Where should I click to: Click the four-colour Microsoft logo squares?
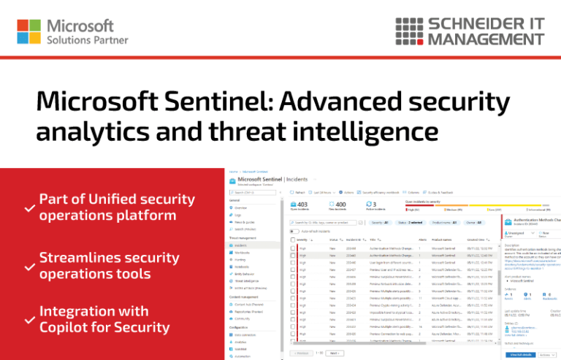(29, 32)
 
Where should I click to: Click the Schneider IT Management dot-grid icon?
(411, 31)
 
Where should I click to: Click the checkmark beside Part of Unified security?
(29, 209)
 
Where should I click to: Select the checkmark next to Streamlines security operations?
(29, 267)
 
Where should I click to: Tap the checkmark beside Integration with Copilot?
(29, 320)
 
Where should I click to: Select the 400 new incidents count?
(339, 204)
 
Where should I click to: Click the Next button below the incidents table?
(334, 353)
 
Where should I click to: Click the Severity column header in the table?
(302, 240)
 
